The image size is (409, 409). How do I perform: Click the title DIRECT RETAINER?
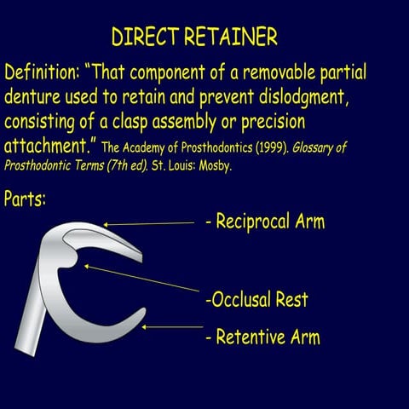194,37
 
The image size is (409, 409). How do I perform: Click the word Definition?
41,72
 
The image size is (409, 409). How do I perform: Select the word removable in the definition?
279,72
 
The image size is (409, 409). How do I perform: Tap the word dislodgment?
303,96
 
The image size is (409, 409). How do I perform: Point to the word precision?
274,122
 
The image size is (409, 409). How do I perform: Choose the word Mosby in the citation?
215,165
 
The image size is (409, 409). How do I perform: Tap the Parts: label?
25,199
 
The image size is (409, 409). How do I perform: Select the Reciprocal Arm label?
265,222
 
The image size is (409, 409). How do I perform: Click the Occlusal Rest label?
256,299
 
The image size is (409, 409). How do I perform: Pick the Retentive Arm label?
263,337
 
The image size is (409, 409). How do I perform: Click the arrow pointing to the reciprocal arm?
149,224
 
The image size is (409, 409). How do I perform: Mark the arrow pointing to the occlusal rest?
141,279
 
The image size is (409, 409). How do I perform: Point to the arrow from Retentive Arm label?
172,327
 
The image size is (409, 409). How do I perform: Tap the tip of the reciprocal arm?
141,258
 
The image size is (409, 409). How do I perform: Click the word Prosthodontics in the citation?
217,147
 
